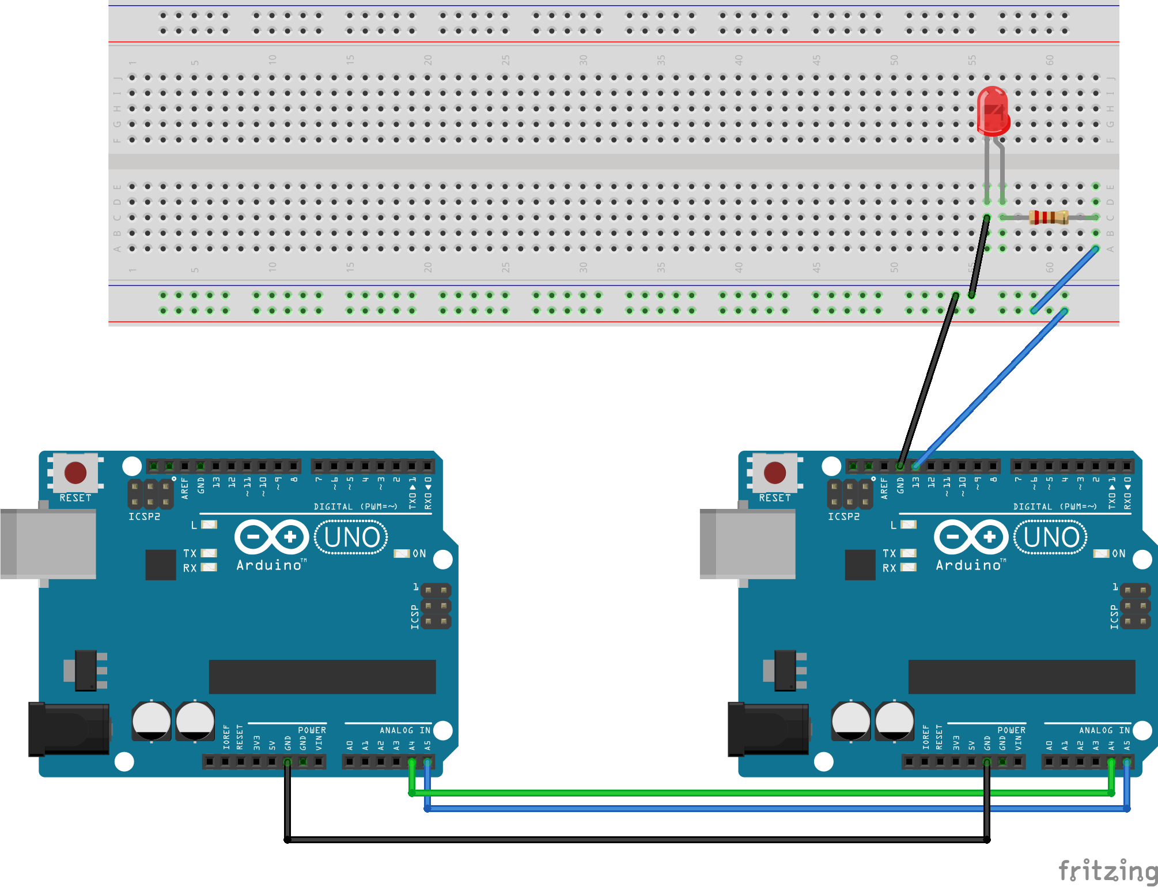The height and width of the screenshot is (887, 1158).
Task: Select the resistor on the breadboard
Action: (1049, 217)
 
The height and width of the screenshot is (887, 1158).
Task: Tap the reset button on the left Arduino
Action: (75, 473)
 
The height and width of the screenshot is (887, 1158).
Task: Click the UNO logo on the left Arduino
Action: (351, 538)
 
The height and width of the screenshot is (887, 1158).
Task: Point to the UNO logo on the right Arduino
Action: (1051, 538)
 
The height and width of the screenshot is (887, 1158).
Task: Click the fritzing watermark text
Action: (1107, 870)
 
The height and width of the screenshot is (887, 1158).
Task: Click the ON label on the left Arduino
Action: (419, 553)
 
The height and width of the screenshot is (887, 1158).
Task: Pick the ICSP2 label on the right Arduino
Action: (843, 516)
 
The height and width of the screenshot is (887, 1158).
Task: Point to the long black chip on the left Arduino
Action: (322, 677)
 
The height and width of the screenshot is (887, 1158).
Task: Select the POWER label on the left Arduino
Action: (312, 730)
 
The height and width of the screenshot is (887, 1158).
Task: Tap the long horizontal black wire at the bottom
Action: (634, 840)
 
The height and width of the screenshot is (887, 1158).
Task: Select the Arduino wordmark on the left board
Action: (270, 565)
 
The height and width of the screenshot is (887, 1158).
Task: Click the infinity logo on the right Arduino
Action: (971, 537)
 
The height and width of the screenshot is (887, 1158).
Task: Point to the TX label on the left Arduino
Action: (190, 553)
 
